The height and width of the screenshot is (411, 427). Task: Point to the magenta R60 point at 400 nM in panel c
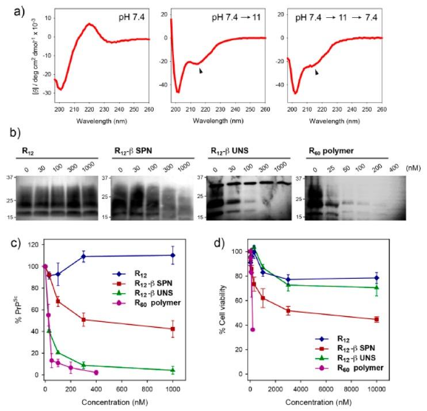96,372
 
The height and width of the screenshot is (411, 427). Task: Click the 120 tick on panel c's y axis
34,245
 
